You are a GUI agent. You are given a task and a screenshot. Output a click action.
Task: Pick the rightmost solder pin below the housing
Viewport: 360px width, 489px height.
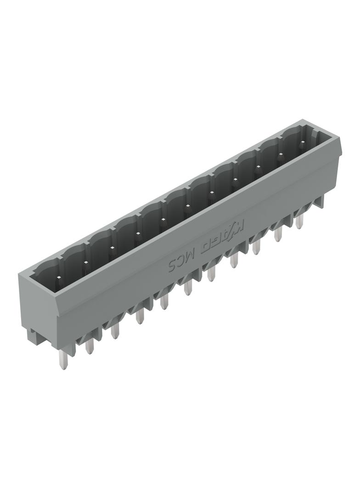(x=299, y=221)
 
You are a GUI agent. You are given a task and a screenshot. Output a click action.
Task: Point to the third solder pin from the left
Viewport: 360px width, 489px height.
(x=115, y=330)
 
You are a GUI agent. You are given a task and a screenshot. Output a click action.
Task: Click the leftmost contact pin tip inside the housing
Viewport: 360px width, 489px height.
(x=58, y=277)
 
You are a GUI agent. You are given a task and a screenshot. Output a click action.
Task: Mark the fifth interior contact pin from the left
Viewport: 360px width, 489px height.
(x=163, y=220)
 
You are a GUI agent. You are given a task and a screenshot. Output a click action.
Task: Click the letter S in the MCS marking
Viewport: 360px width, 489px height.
(x=172, y=266)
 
